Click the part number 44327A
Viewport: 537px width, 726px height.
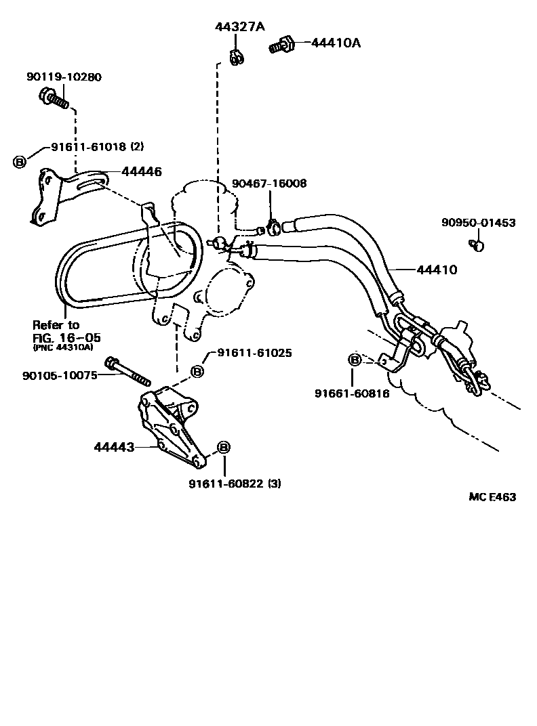coord(240,27)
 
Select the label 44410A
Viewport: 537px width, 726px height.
coord(336,43)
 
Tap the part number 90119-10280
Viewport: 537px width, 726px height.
coord(64,77)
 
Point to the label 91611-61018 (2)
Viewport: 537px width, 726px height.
coord(97,146)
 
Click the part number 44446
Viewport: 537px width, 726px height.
coord(142,172)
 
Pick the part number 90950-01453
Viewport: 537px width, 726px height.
coord(478,222)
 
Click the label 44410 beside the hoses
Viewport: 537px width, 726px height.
coord(437,270)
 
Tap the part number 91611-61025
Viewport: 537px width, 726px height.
coord(255,353)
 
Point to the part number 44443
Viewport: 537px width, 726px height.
coord(114,447)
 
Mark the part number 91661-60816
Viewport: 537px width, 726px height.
coord(352,393)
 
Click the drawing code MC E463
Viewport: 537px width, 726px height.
coord(492,497)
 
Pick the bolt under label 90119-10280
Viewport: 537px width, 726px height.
coord(52,98)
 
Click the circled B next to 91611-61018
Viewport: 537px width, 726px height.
coord(20,161)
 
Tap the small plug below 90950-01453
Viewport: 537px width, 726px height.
coord(478,244)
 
